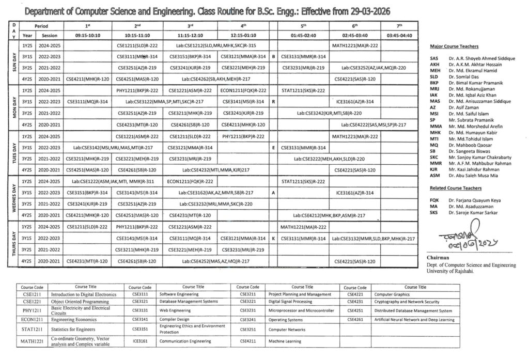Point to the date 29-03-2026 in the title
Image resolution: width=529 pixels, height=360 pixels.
[366, 11]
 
